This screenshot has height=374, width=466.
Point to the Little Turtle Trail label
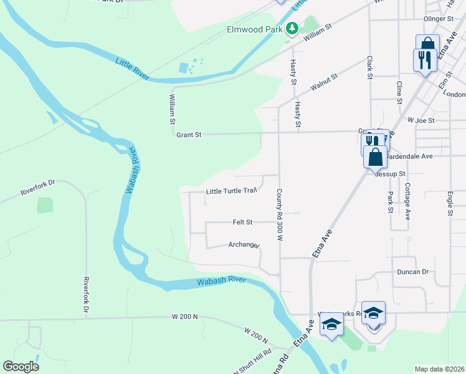(232, 191)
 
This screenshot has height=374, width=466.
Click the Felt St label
(242, 222)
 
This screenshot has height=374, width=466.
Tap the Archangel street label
(244, 245)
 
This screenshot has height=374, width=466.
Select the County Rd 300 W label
(280, 215)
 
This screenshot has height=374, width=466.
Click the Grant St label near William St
(189, 134)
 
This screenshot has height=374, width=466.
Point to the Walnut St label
(324, 81)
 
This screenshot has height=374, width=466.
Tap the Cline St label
(399, 91)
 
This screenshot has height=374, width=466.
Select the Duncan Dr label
(413, 272)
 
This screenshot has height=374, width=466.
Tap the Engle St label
(450, 204)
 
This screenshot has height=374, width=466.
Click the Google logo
(21, 366)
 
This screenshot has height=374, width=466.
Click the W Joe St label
(421, 120)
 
